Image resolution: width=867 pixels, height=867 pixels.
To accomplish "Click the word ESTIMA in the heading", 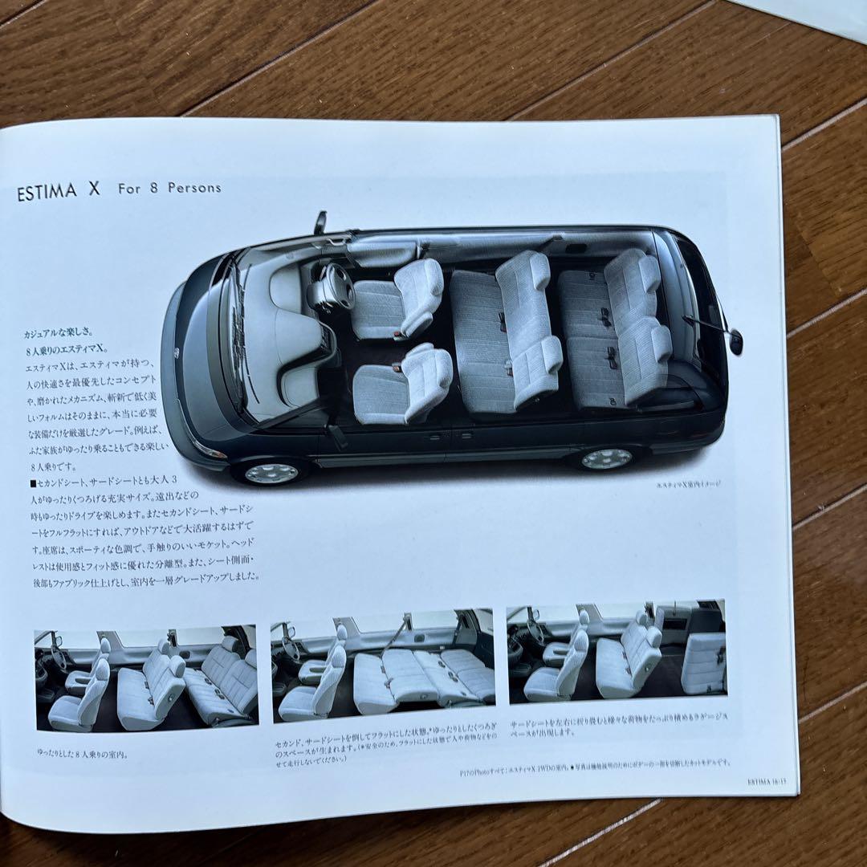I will [47, 193].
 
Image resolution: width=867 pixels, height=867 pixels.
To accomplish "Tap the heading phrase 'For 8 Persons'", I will [169, 189].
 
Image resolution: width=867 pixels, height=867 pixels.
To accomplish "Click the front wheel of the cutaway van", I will [271, 472].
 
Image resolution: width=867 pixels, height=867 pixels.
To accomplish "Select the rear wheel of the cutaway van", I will [607, 458].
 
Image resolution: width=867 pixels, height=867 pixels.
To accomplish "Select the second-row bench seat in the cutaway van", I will [506, 337].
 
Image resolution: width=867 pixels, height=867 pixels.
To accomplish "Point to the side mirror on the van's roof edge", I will [320, 222].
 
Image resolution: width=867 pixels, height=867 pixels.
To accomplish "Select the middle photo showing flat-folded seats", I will [383, 665].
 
